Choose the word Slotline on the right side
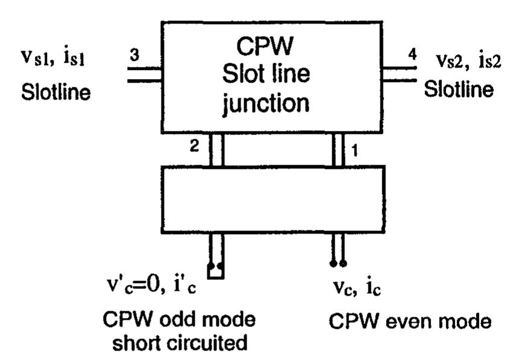(x=459, y=89)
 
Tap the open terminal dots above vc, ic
(x=338, y=264)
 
